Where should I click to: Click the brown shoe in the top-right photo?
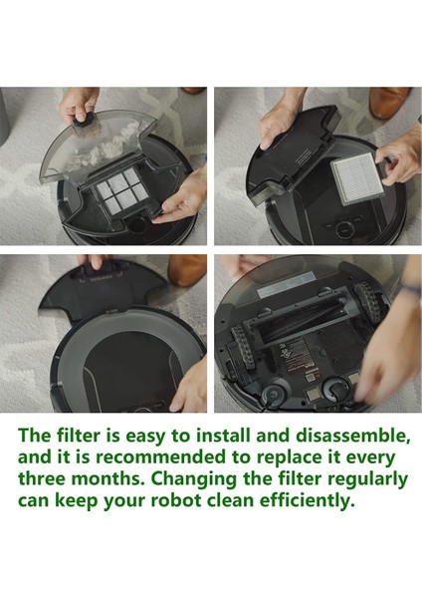click(x=389, y=102)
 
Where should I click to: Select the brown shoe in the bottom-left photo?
click(x=186, y=269)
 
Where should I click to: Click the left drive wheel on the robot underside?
click(x=244, y=347)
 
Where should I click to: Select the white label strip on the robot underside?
click(x=287, y=288)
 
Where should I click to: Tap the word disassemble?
click(x=352, y=436)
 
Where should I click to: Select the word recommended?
click(x=160, y=457)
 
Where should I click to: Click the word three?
click(x=42, y=478)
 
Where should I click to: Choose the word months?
click(x=110, y=478)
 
